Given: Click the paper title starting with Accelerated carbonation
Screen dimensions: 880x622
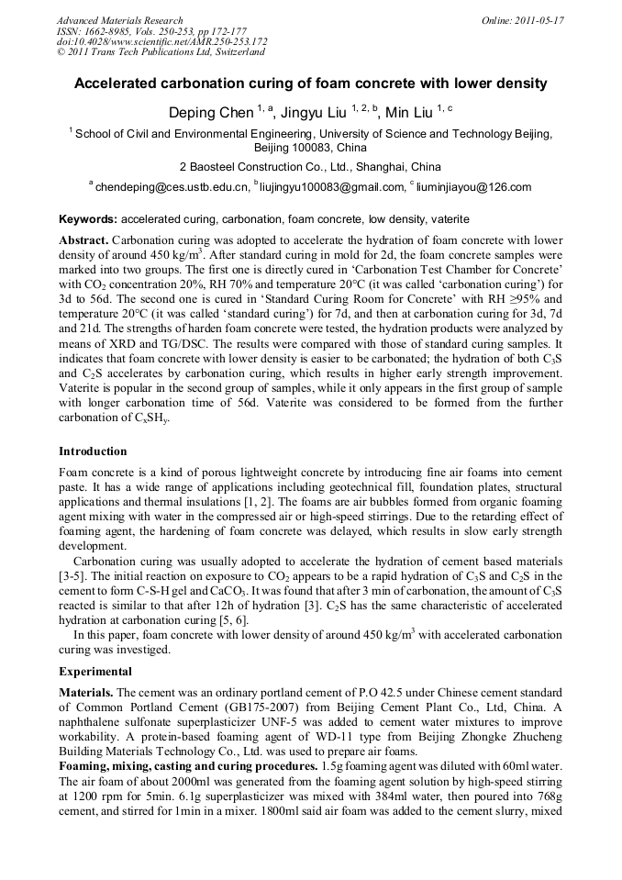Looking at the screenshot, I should click(x=310, y=84).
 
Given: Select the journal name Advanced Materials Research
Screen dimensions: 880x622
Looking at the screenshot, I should click(x=119, y=20).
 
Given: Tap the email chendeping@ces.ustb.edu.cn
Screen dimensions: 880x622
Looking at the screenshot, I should click(x=172, y=187).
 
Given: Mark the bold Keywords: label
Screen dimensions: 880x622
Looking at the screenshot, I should click(x=88, y=220).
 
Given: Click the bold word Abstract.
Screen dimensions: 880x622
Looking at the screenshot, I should click(x=83, y=239).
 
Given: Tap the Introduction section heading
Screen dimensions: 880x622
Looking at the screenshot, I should click(x=93, y=451).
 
